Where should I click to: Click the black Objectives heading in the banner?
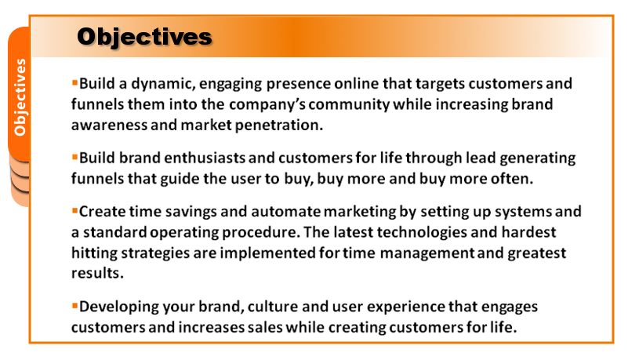pos(145,38)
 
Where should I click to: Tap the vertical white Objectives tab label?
pos(20,97)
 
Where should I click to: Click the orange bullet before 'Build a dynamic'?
pos(74,83)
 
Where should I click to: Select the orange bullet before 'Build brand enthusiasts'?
pos(74,157)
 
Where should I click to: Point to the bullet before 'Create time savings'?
pos(74,211)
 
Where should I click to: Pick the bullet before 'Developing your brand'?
pos(74,306)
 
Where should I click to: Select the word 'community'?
pos(349,105)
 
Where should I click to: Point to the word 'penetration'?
pos(279,125)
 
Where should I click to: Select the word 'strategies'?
pos(155,253)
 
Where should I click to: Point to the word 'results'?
pos(97,273)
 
